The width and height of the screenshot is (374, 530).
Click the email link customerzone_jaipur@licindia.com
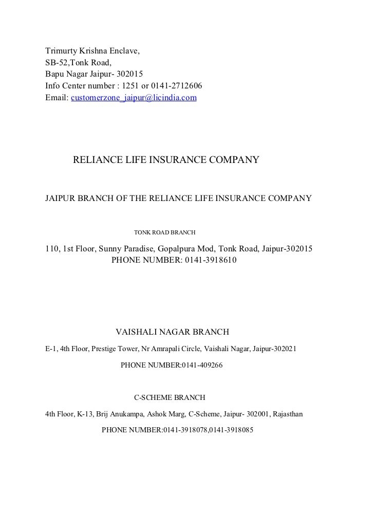(134, 97)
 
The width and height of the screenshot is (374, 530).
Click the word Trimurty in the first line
(61, 52)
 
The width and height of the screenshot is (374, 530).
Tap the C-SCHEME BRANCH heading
(170, 397)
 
